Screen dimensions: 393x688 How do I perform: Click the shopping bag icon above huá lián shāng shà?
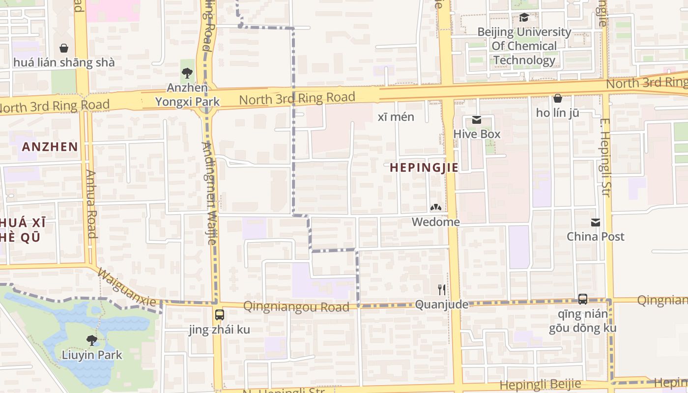point(63,48)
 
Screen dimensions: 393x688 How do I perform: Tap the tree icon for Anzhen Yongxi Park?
point(187,74)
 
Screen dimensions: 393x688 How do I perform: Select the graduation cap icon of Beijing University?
point(524,18)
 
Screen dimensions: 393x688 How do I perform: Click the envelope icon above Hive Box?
point(476,120)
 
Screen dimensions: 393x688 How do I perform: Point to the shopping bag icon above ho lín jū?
point(557,98)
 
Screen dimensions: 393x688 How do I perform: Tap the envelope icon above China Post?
point(596,223)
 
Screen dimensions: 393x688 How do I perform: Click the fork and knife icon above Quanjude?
point(441,290)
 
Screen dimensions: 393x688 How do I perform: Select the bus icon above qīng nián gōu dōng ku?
point(582,299)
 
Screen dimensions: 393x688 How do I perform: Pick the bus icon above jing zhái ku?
point(219,315)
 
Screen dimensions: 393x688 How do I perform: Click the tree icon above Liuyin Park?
point(91,340)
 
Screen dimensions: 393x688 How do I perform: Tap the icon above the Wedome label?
point(435,208)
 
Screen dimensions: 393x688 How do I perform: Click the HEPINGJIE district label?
point(424,168)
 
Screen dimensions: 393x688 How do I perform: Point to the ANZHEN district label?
point(50,146)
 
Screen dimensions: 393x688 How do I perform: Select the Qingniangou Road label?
point(296,307)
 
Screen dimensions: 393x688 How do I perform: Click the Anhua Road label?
point(91,203)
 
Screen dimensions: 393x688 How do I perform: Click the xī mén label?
point(396,117)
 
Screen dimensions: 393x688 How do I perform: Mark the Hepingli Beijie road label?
point(541,384)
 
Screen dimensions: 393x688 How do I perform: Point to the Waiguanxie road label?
point(127,287)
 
